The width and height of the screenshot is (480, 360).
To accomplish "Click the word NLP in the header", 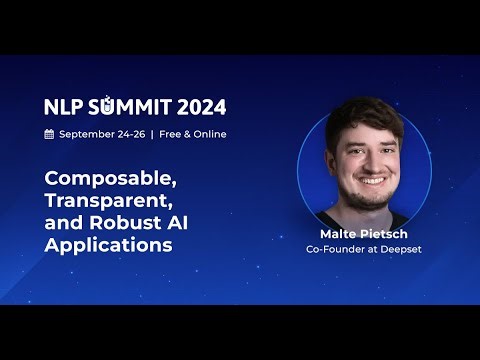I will point(63,107).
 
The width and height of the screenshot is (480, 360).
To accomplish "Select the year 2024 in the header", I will point(204,107).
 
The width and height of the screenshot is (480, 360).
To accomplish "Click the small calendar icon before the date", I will point(49,134).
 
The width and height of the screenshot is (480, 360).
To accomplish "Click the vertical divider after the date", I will point(152,134).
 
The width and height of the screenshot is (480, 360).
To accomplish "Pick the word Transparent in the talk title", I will point(108,200).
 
